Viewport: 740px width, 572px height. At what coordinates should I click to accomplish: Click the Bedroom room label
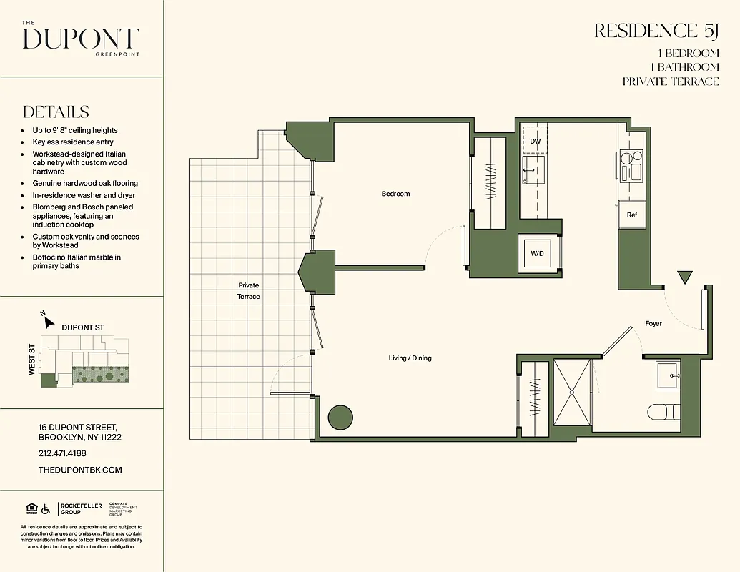tap(395, 194)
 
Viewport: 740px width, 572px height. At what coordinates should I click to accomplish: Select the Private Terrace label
tap(249, 291)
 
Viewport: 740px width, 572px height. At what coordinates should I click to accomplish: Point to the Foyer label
tap(653, 324)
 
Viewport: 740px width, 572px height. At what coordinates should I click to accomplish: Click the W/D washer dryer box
tap(537, 254)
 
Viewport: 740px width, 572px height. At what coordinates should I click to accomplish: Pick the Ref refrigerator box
tap(632, 215)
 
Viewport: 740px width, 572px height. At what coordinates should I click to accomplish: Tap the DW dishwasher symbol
tap(535, 141)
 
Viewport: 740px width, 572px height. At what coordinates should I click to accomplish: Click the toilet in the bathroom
tap(664, 413)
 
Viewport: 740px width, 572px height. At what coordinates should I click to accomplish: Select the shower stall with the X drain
tap(571, 393)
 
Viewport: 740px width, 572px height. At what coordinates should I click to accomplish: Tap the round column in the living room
tap(340, 417)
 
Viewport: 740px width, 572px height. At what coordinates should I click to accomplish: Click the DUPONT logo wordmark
tap(80, 39)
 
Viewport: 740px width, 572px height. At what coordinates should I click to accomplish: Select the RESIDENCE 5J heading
tap(656, 31)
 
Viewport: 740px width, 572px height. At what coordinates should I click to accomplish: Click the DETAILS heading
tap(56, 112)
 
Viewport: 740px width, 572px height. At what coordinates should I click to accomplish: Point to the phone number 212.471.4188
tap(62, 453)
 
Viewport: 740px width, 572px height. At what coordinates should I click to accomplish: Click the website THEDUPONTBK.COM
tap(80, 470)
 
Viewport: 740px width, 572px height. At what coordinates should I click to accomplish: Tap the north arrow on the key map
tap(48, 320)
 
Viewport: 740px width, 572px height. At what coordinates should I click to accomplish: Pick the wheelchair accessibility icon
tap(46, 509)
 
